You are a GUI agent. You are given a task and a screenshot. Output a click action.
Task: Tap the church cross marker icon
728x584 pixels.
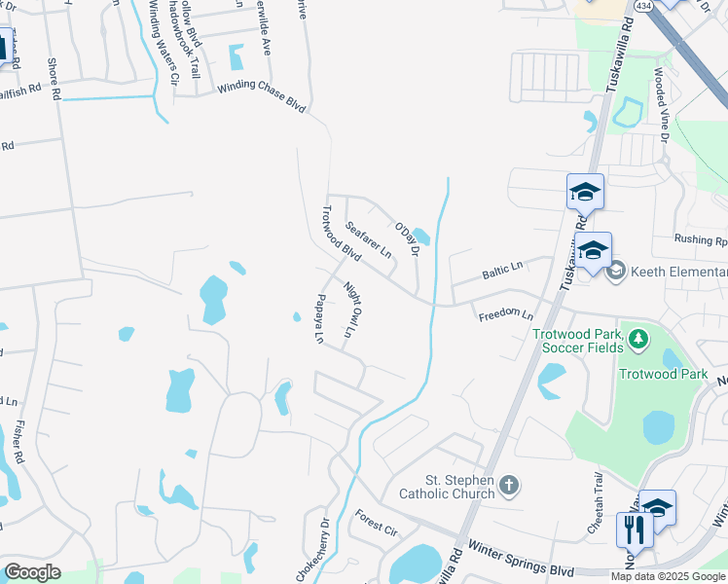click(509, 485)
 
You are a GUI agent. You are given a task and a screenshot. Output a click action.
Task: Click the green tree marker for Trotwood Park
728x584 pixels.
click(637, 339)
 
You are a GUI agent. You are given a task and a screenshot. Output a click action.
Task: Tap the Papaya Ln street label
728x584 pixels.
click(318, 318)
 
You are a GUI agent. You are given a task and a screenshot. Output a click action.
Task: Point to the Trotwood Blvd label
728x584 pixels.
click(342, 237)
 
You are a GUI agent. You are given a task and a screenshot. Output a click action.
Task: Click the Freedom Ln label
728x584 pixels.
click(505, 315)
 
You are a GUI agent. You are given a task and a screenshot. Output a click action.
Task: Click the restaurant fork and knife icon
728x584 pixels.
click(632, 530)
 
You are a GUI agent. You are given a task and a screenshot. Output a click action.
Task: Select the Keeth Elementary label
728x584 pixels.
click(677, 272)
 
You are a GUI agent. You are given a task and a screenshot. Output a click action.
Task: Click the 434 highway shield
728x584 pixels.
click(642, 6)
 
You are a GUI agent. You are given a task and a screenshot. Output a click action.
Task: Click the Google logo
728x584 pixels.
click(32, 571)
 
